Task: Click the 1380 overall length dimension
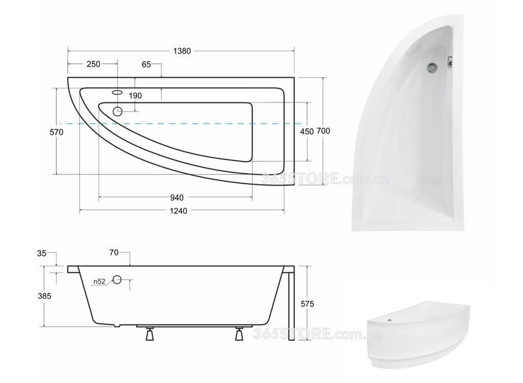(182, 51)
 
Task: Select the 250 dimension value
(93, 64)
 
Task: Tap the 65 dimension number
(146, 64)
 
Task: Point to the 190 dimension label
(135, 96)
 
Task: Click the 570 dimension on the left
(57, 132)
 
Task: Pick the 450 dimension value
(307, 132)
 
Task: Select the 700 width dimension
(323, 131)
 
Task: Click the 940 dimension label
(177, 198)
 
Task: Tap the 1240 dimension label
(179, 211)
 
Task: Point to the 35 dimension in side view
(41, 254)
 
